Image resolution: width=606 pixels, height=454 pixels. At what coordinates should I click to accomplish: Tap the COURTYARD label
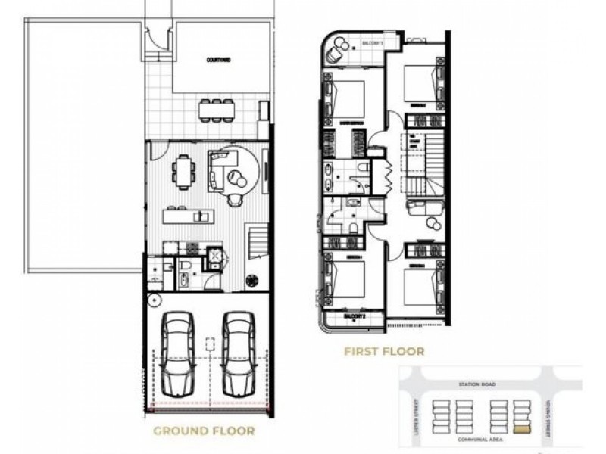[219, 58]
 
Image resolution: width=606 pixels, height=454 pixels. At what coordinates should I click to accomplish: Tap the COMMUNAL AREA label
[475, 439]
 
